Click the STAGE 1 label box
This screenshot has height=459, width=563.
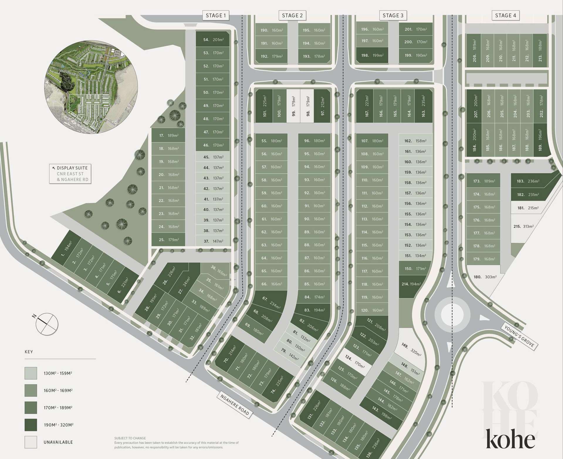pos(216,16)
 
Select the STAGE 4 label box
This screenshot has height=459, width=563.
pos(505,16)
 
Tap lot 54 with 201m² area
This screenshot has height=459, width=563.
pos(213,40)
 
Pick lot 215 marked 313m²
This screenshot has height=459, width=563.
pos(524,227)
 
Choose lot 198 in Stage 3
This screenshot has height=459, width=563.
pos(372,55)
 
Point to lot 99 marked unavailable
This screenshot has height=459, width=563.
pos(293,106)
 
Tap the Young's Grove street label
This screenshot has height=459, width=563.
pos(519,337)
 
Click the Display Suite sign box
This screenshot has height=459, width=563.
pos(70,174)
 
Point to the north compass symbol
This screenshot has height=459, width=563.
pos(47,324)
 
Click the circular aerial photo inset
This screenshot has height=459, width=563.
pos(91,87)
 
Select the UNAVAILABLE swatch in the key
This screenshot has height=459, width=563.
pos(31,442)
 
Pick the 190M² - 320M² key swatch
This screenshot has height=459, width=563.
pos(31,425)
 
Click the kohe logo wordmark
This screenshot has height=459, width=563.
pos(510,439)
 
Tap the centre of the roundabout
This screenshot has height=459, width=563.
pos(449,315)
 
